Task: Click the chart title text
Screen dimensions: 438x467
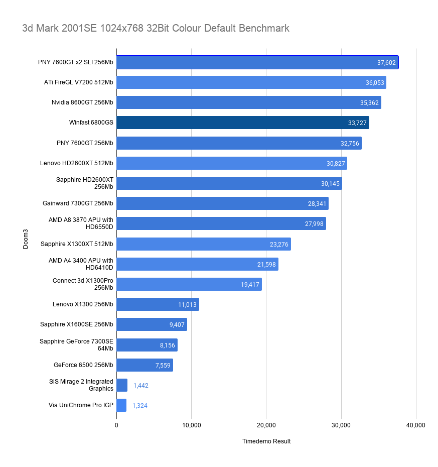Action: point(156,28)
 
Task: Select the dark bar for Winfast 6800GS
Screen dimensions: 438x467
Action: point(243,123)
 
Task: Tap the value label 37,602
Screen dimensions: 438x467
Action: point(386,63)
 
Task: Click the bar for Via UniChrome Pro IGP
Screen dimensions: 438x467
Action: point(121,405)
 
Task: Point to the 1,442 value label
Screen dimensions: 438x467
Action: point(141,385)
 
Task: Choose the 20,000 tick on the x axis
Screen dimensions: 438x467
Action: point(266,425)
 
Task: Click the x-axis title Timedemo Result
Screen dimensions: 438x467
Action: point(266,441)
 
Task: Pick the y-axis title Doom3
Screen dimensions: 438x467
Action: point(26,239)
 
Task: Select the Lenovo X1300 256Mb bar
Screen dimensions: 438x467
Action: point(158,304)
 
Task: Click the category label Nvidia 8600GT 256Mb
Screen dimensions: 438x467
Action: point(82,102)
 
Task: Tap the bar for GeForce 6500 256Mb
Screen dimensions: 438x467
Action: point(144,365)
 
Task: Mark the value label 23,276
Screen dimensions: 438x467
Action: point(279,244)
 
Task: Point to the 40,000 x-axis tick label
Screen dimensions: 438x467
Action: point(416,425)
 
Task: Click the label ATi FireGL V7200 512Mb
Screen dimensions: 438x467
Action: point(79,82)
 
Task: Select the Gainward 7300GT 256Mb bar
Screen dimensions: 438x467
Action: point(223,203)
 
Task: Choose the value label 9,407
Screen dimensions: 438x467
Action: point(177,324)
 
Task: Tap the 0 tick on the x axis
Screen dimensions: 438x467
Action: point(116,425)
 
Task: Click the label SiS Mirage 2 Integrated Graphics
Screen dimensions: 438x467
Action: point(81,385)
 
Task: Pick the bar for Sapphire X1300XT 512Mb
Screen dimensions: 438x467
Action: point(204,244)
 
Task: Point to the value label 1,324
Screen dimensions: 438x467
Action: point(140,405)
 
